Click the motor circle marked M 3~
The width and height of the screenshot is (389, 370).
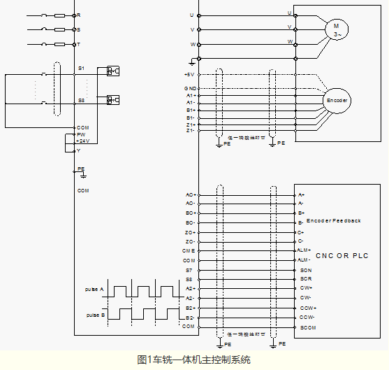coord(336,29)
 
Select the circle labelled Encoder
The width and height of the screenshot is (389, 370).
coord(337,101)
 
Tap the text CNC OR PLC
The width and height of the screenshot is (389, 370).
coord(341,255)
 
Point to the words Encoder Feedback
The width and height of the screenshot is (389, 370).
coord(333,220)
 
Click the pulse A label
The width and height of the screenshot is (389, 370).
coord(95,289)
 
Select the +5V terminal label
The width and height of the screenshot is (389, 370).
coord(189,74)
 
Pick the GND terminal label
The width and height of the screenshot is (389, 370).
coord(189,88)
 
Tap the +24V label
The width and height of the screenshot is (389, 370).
coord(83,141)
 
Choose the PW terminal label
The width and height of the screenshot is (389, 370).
coord(81,134)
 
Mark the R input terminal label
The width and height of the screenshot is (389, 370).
coord(78,15)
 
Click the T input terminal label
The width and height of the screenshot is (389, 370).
coord(78,44)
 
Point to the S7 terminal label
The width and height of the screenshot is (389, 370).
coord(189,269)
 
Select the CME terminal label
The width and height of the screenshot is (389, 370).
coord(189,250)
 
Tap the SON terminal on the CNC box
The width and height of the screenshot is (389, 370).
coord(305,269)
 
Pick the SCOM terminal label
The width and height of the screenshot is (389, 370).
coord(307,327)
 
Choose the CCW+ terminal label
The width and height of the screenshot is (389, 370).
coord(307,308)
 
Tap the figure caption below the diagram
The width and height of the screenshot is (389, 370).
coord(193,360)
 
